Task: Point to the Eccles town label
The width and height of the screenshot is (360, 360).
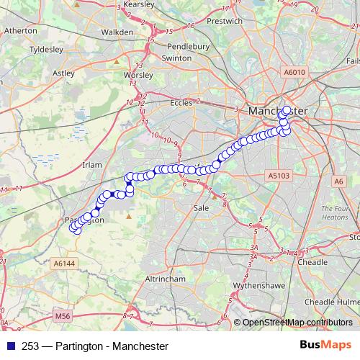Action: pos(181,103)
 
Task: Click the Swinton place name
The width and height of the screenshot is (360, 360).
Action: pos(176,57)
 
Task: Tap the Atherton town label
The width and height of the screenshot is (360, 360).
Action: pos(22,32)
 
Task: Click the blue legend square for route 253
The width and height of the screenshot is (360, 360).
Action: pos(9,347)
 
